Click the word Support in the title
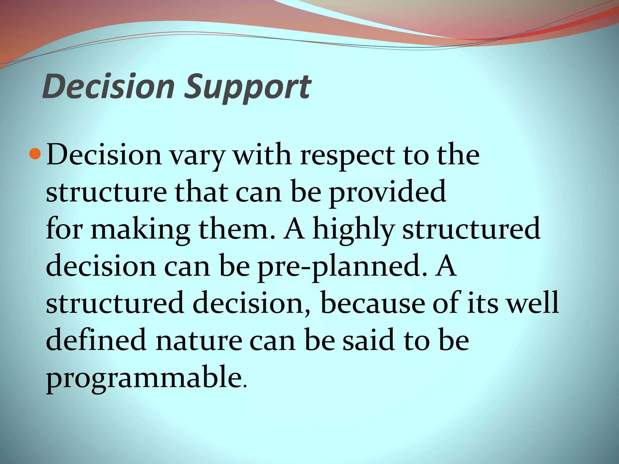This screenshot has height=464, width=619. coord(247,88)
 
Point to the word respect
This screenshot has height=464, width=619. coord(347,156)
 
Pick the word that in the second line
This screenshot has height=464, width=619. coord(201,192)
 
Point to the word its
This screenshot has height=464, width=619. coord(482,303)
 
